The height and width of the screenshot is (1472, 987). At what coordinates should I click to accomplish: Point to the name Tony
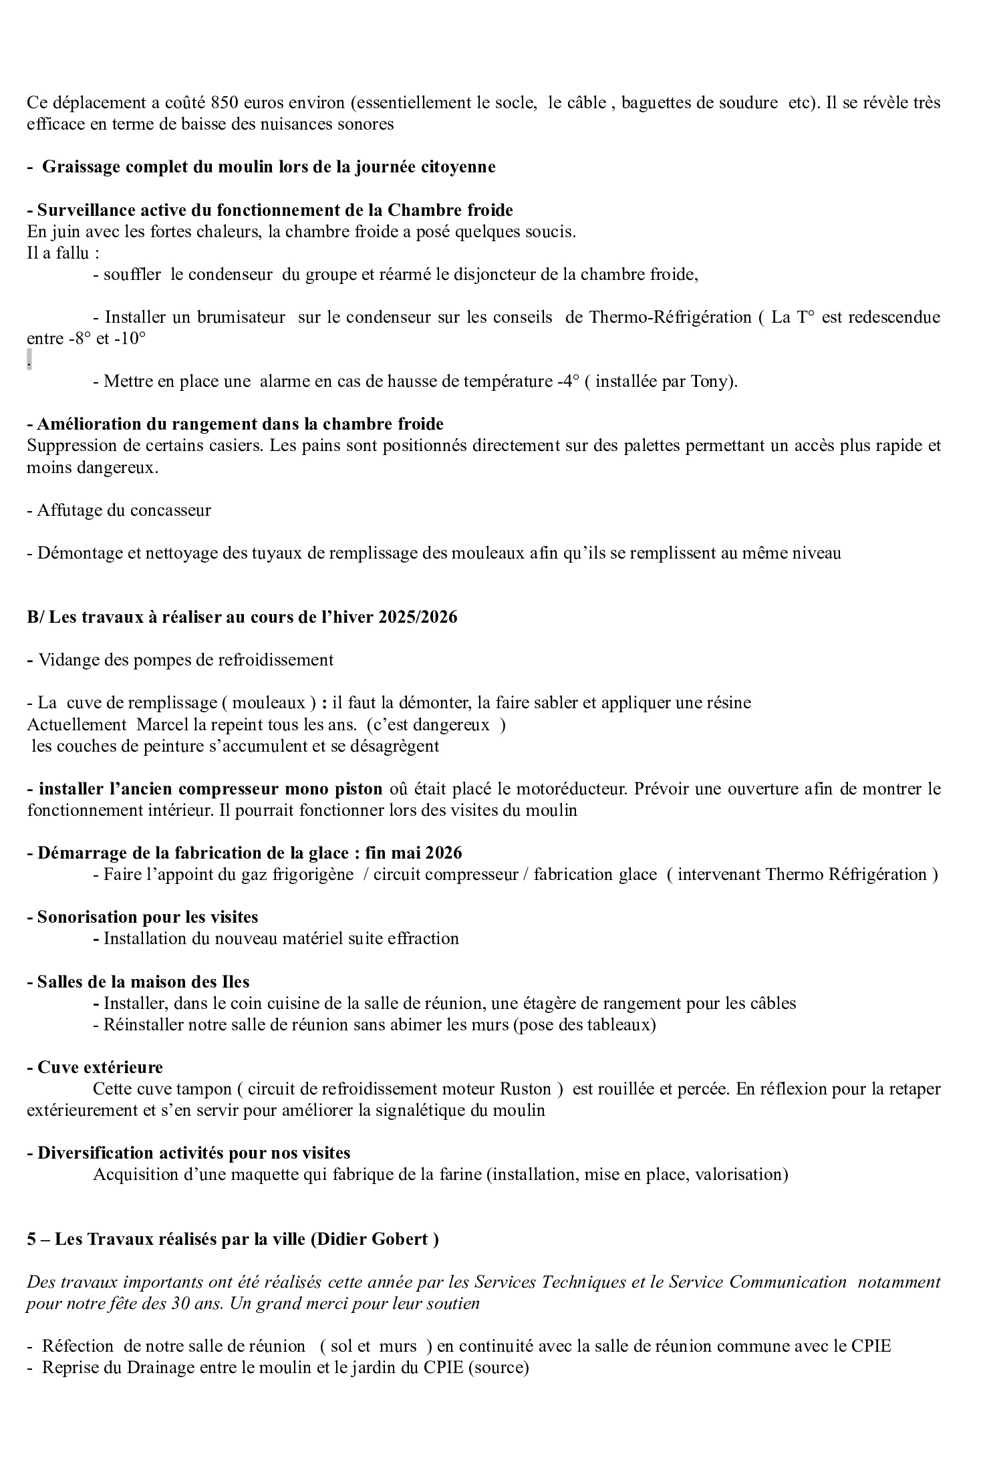(710, 382)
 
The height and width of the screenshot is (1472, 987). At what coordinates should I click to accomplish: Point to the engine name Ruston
(525, 1089)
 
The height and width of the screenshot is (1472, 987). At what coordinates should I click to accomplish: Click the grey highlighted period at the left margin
(29, 361)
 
